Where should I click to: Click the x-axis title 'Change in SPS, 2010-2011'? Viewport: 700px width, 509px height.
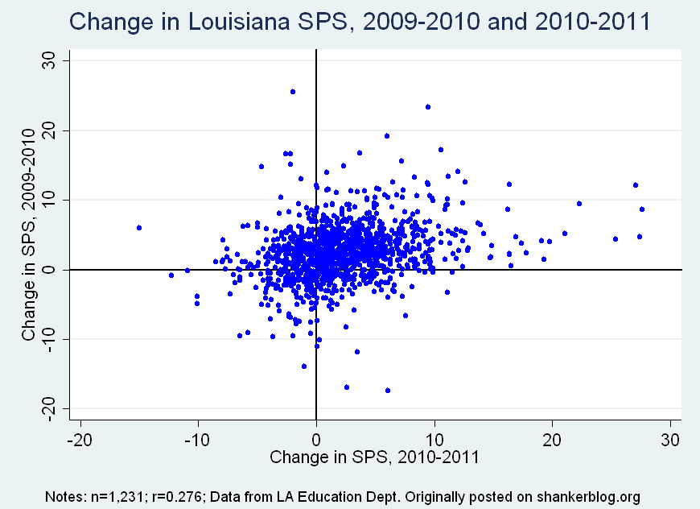pos(375,457)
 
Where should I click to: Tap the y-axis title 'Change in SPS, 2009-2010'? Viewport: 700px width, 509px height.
pos(30,235)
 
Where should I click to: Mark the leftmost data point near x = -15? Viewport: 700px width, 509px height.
pos(139,228)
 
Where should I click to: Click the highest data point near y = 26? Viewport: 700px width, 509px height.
pos(293,92)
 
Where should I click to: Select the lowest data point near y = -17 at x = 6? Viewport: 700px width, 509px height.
pos(388,391)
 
